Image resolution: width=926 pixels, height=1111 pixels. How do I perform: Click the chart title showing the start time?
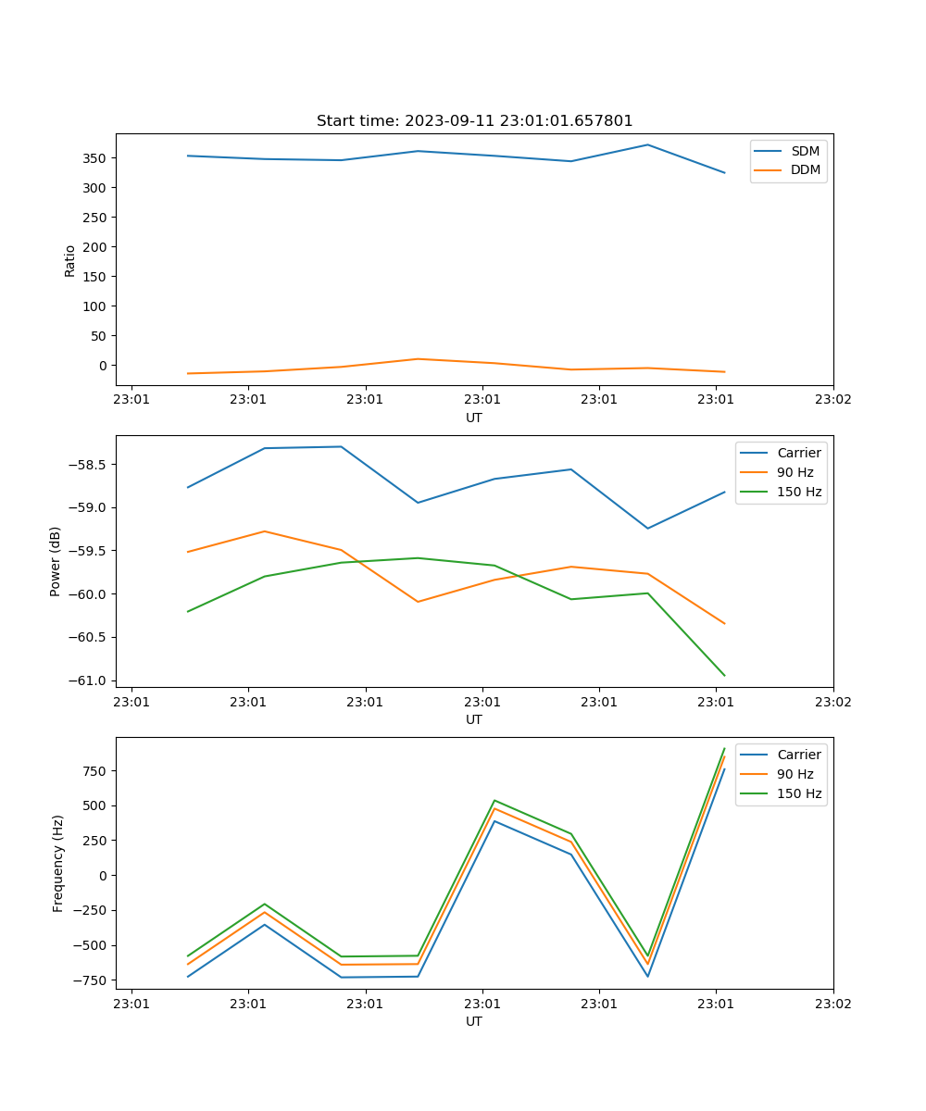pyautogui.click(x=474, y=121)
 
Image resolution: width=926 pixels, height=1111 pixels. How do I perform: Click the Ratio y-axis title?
pyautogui.click(x=70, y=260)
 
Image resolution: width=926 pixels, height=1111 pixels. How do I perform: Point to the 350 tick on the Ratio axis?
pyautogui.click(x=95, y=158)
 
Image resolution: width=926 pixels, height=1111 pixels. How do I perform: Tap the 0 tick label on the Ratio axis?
pyautogui.click(x=102, y=366)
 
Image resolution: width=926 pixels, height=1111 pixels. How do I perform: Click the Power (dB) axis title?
pyautogui.click(x=56, y=561)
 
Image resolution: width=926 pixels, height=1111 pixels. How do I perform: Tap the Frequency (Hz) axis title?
pyautogui.click(x=58, y=863)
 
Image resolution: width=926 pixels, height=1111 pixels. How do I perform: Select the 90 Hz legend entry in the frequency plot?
pyautogui.click(x=795, y=774)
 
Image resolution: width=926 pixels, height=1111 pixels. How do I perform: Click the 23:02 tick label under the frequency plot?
pyautogui.click(x=832, y=1003)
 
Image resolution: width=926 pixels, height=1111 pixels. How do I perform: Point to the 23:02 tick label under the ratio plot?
pyautogui.click(x=832, y=399)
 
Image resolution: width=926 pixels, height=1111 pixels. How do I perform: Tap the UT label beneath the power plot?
pyautogui.click(x=474, y=719)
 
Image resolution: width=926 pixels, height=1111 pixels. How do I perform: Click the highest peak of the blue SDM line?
pyautogui.click(x=647, y=144)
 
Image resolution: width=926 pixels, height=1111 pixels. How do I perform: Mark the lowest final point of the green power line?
pyautogui.click(x=724, y=675)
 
